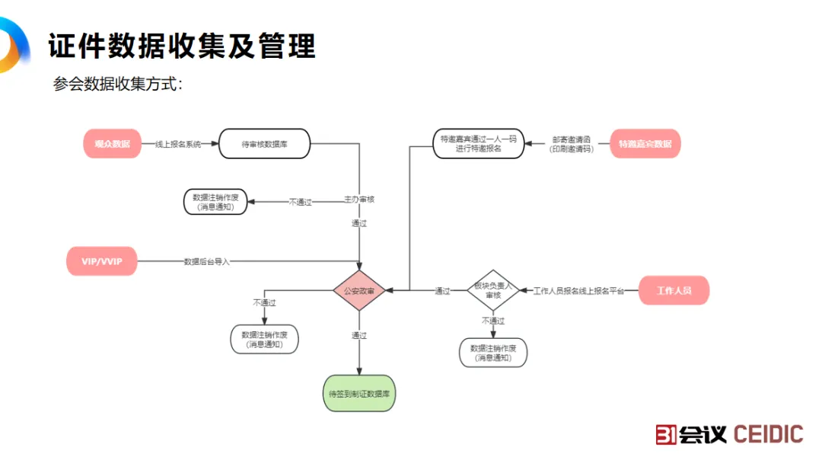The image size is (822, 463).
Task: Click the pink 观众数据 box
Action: click(112, 144)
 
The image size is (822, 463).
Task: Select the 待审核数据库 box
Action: click(264, 144)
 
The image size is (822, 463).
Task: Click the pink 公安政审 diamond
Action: click(359, 290)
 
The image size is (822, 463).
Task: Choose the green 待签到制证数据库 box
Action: click(359, 394)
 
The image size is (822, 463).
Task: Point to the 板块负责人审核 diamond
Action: click(492, 290)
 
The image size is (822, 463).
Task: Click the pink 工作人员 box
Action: click(674, 290)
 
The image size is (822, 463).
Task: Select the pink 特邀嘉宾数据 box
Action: click(645, 144)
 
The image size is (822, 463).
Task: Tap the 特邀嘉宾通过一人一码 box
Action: click(479, 144)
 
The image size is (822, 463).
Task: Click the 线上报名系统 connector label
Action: click(178, 144)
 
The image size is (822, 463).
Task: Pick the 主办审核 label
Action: click(359, 200)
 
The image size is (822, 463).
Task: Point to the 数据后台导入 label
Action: click(206, 261)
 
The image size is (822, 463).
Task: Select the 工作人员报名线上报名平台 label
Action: click(578, 291)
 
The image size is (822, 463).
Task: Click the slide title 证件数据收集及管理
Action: click(182, 46)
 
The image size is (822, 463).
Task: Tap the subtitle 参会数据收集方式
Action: click(117, 84)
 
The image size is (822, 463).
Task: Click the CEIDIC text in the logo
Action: click(768, 434)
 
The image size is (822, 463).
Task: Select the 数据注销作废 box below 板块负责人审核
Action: click(493, 353)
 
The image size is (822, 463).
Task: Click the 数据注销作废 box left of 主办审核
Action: click(215, 201)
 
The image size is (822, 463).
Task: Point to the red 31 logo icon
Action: click(667, 434)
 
